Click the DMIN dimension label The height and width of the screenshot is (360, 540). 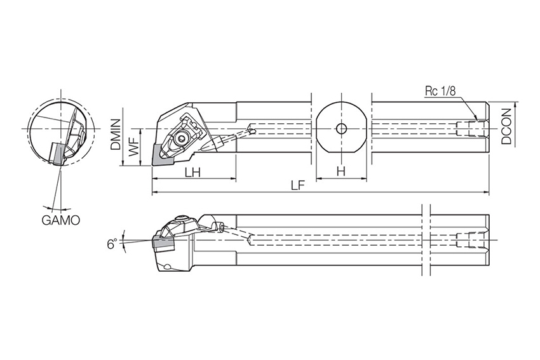pyautogui.click(x=116, y=135)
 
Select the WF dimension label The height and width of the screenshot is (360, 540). pyautogui.click(x=134, y=148)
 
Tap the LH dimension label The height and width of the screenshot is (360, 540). pyautogui.click(x=193, y=172)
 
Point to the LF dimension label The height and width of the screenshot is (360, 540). pyautogui.click(x=297, y=185)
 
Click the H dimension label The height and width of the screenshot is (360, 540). pyautogui.click(x=341, y=171)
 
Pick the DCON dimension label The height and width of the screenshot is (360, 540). pyautogui.click(x=506, y=126)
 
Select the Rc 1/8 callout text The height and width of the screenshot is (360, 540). pyautogui.click(x=440, y=91)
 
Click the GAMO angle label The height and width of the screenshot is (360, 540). pyautogui.click(x=60, y=220)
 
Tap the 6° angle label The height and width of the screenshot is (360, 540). pyautogui.click(x=111, y=244)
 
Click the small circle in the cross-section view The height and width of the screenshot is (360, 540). pyautogui.click(x=341, y=129)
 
